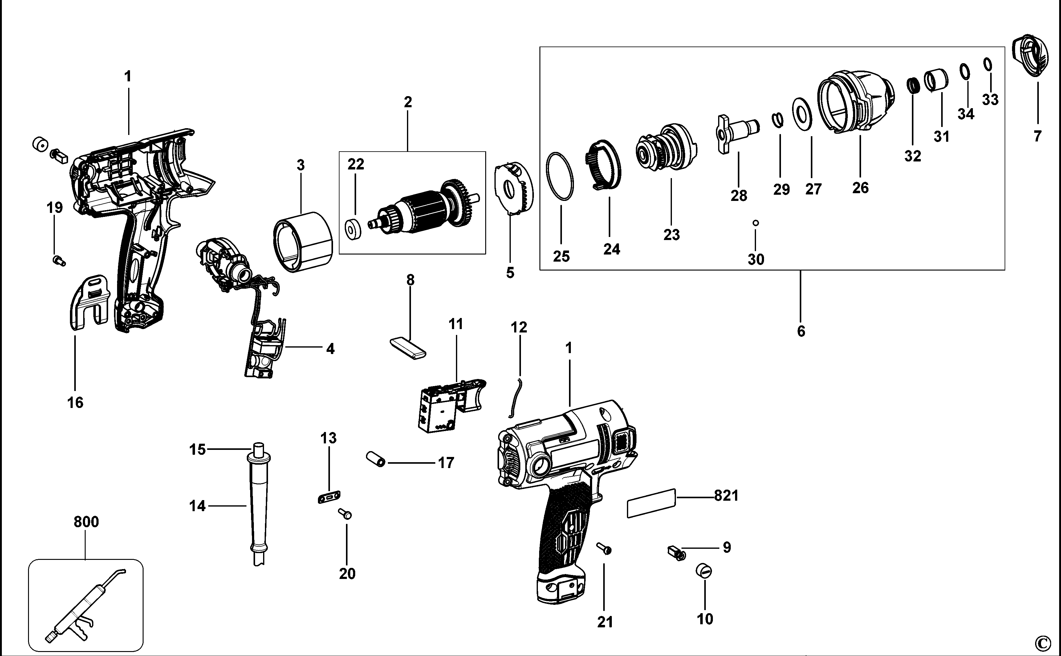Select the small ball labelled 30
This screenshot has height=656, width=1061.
pyautogui.click(x=756, y=223)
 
